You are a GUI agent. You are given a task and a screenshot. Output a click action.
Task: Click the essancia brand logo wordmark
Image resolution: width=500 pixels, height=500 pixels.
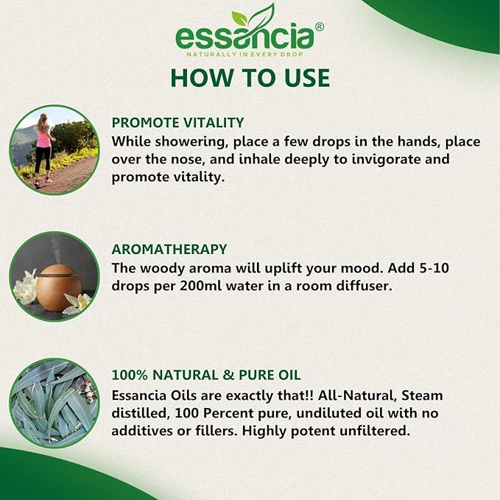point(244,38)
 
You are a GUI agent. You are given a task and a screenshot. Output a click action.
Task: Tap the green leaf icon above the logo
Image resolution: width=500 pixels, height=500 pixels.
point(253,17)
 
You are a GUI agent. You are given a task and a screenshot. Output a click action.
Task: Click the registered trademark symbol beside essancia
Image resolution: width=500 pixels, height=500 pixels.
point(320,27)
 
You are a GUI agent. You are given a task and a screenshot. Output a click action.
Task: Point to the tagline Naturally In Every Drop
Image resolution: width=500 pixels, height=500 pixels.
point(244,54)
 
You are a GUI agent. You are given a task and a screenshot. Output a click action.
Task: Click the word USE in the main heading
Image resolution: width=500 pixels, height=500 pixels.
point(307,78)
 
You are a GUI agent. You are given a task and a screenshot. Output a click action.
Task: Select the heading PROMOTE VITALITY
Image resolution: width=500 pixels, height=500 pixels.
point(177,123)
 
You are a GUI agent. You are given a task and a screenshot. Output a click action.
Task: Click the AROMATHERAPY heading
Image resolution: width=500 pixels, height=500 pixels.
point(169,250)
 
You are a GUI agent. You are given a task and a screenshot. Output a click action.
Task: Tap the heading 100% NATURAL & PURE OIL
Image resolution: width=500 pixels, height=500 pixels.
point(206,375)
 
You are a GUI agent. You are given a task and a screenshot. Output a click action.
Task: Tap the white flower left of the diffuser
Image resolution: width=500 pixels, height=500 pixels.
point(25,288)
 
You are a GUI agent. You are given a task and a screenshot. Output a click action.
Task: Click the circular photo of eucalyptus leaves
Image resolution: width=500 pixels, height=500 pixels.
point(54,403)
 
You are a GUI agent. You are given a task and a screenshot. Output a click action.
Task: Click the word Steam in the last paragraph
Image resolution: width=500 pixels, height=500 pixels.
point(422,395)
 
